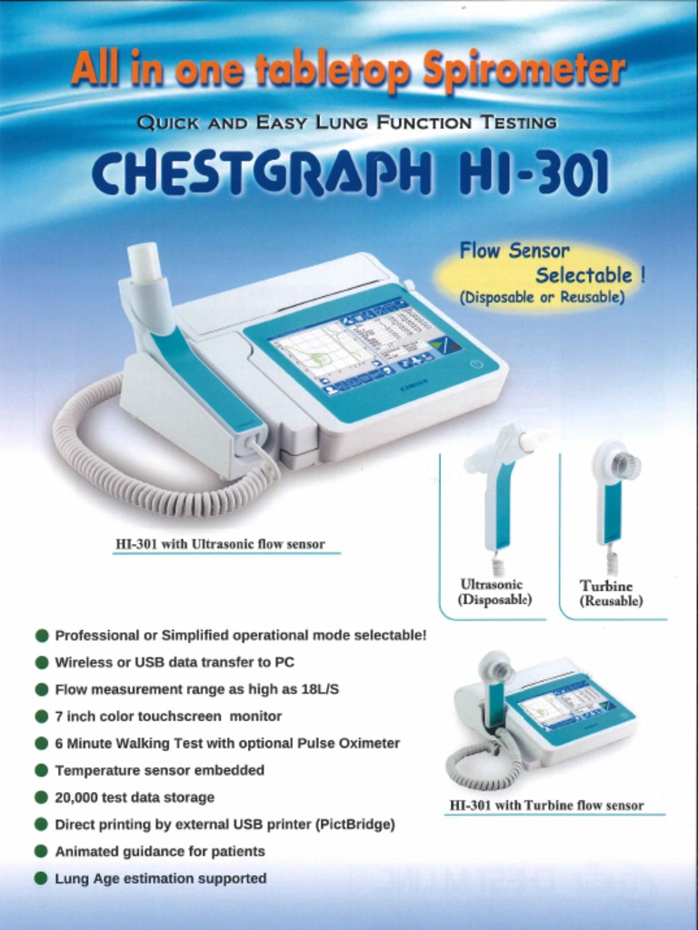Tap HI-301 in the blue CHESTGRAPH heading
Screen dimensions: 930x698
(536, 173)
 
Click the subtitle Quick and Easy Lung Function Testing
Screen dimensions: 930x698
(346, 122)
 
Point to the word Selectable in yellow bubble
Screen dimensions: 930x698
(583, 275)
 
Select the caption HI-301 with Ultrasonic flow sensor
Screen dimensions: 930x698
(219, 545)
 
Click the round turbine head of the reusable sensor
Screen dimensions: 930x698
(617, 464)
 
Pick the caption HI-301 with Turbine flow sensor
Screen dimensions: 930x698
(546, 806)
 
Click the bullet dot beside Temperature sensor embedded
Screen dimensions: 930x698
(41, 770)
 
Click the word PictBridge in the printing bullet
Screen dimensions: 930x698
(355, 825)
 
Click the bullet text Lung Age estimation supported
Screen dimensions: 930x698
(161, 878)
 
